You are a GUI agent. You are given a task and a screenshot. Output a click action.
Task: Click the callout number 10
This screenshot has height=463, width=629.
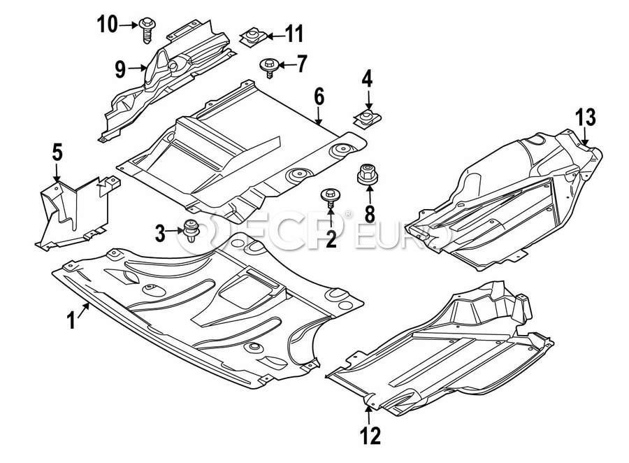point(108,25)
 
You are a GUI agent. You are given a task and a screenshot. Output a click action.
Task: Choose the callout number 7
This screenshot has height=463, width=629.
point(301,65)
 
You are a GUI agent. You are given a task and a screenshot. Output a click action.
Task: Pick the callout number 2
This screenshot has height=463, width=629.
point(330,239)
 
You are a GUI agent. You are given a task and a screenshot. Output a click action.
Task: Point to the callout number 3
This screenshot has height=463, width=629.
point(161,234)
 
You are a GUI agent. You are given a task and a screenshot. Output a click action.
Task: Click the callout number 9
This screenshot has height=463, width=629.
point(120,69)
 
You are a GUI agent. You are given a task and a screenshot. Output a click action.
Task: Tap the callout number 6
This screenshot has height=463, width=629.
point(319,97)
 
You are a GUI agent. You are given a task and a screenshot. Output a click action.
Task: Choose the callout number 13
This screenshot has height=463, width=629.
point(586,117)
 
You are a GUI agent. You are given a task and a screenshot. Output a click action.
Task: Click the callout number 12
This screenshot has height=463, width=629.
point(371,436)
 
